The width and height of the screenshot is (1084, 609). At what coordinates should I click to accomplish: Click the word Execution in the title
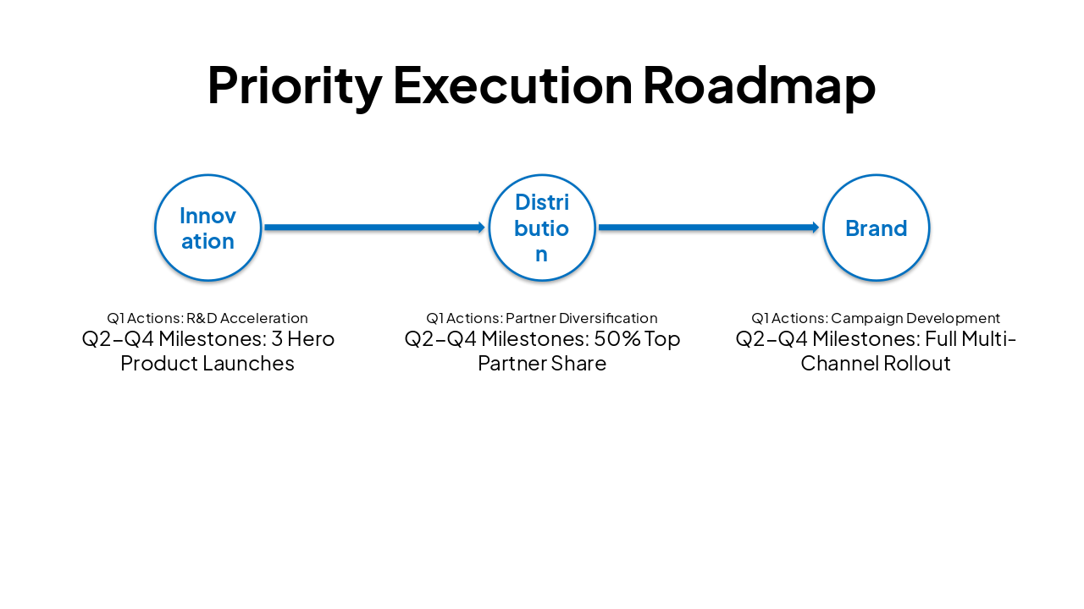[x=512, y=85]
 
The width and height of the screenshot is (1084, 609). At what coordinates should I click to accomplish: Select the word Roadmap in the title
[x=759, y=85]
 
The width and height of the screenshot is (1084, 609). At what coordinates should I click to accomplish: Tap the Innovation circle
[x=207, y=228]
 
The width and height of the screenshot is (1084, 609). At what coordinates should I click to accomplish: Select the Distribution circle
[x=542, y=228]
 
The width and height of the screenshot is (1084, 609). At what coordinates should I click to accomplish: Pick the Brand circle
[x=876, y=228]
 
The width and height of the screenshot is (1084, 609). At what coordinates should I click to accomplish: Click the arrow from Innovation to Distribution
[x=373, y=228]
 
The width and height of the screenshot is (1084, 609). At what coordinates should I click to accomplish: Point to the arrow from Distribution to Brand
[x=707, y=228]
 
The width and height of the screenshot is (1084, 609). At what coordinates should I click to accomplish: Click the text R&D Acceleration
[x=246, y=318]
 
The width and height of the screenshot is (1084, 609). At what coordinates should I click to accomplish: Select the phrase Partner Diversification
[x=581, y=318]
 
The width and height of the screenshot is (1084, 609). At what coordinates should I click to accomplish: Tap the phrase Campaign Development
[x=915, y=318]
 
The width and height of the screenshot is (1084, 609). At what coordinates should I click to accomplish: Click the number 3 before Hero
[x=276, y=339]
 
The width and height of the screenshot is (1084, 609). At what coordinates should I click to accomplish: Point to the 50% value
[x=612, y=339]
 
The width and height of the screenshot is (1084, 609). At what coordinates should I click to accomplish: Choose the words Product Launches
[x=207, y=364]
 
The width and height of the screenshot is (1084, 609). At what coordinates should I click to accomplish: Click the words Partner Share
[x=542, y=364]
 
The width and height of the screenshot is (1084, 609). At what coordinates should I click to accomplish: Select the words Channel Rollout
[x=876, y=364]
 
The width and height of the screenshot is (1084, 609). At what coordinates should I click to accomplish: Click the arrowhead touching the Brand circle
[x=816, y=228]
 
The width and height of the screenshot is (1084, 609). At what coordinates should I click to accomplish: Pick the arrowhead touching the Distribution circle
[x=481, y=228]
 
